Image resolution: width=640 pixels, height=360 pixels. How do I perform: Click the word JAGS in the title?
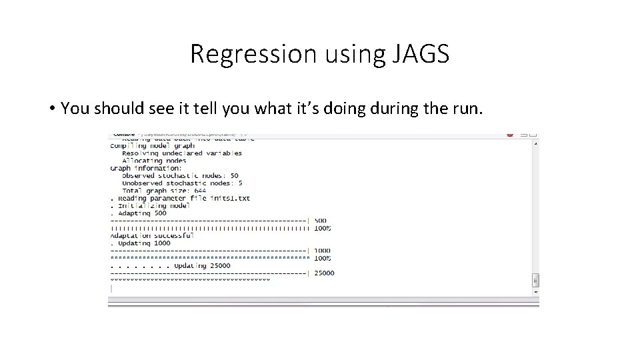417,54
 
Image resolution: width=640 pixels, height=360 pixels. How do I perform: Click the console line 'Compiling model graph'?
152,145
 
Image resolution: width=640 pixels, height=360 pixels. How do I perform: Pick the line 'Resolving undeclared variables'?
182,153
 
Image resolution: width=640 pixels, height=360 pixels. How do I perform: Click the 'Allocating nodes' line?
153,161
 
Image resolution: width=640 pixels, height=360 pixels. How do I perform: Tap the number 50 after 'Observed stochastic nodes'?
234,175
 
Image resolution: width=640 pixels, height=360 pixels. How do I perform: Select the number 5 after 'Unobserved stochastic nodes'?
240,183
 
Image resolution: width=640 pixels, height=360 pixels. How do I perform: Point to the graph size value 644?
200,191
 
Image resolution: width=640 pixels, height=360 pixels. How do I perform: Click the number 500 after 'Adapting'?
160,213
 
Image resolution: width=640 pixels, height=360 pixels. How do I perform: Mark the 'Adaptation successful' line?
152,235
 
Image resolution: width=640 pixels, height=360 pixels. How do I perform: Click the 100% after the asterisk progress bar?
323,258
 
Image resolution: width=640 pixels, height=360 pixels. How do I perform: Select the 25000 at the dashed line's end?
325,273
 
